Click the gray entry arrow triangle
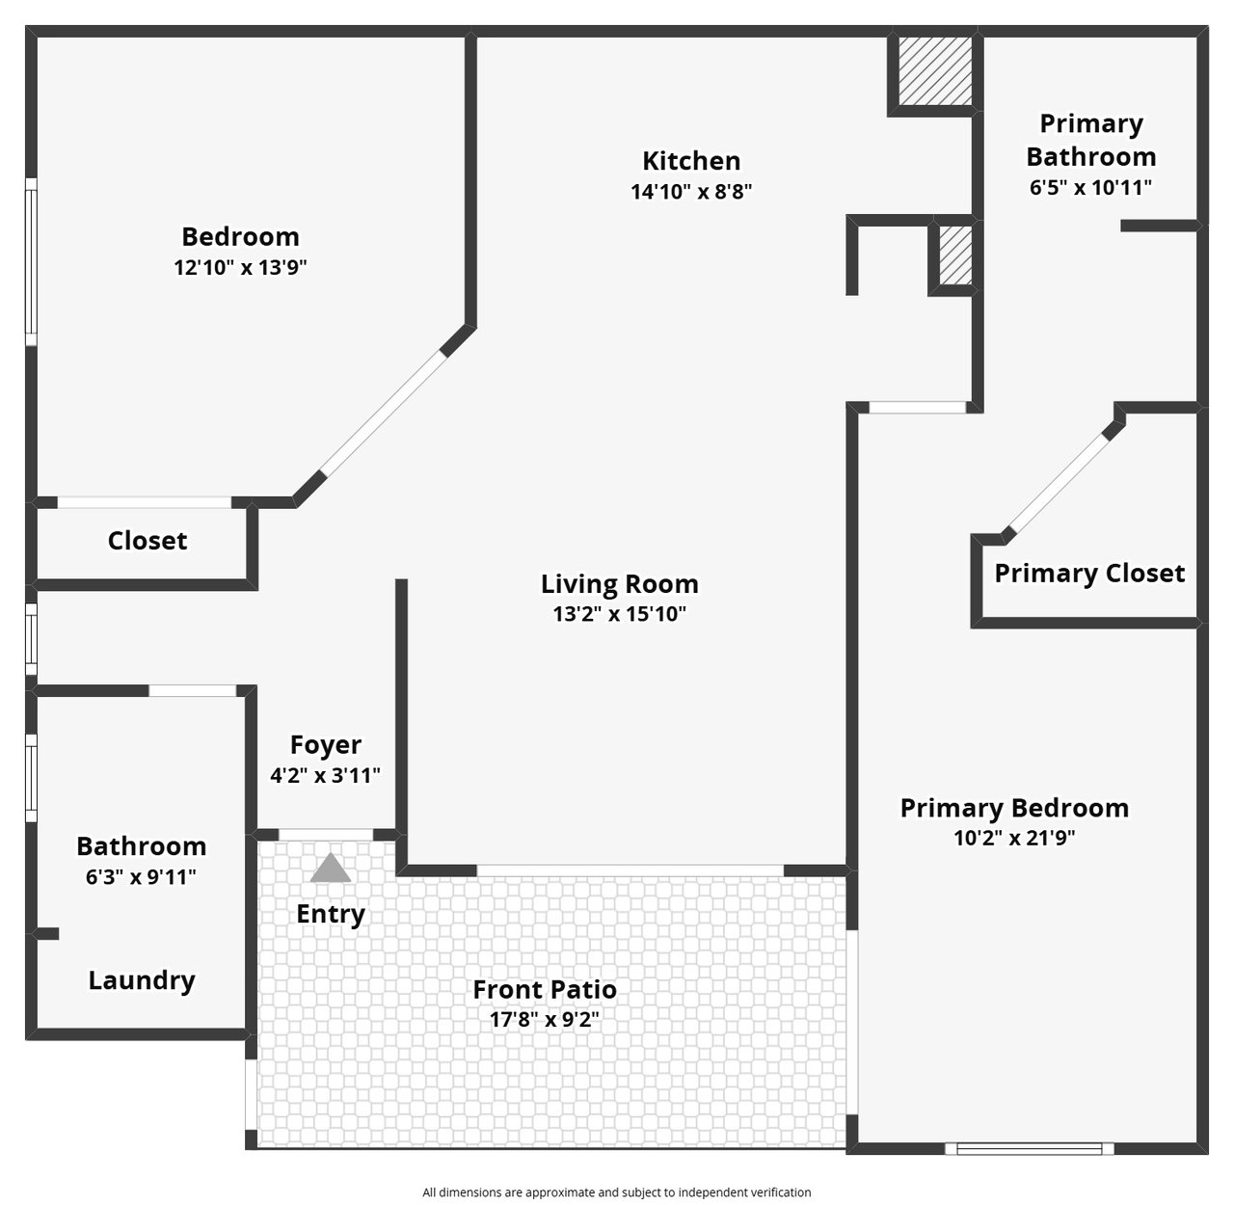pyautogui.click(x=330, y=869)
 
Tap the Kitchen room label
pyautogui.click(x=691, y=161)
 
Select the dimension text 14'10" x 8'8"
pyautogui.click(x=691, y=192)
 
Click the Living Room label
pyautogui.click(x=620, y=584)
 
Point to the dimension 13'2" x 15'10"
pyautogui.click(x=620, y=614)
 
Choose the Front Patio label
pyautogui.click(x=545, y=989)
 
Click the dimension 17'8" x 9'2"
pyautogui.click(x=545, y=1019)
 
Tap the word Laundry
pyautogui.click(x=142, y=980)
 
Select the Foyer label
pyautogui.click(x=325, y=745)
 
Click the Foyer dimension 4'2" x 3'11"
pyautogui.click(x=325, y=775)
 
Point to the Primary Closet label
pyautogui.click(x=1089, y=574)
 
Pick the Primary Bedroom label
pyautogui.click(x=1014, y=808)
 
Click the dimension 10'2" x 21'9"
pyautogui.click(x=1014, y=838)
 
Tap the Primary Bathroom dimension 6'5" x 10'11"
pyautogui.click(x=1090, y=188)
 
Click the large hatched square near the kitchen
pyautogui.click(x=935, y=71)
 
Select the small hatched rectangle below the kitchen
pyautogui.click(x=955, y=255)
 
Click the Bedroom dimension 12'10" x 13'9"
pyautogui.click(x=240, y=268)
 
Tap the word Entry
pyautogui.click(x=331, y=914)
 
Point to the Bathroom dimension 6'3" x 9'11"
pyautogui.click(x=142, y=877)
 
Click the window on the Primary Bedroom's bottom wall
pyautogui.click(x=1030, y=1148)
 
